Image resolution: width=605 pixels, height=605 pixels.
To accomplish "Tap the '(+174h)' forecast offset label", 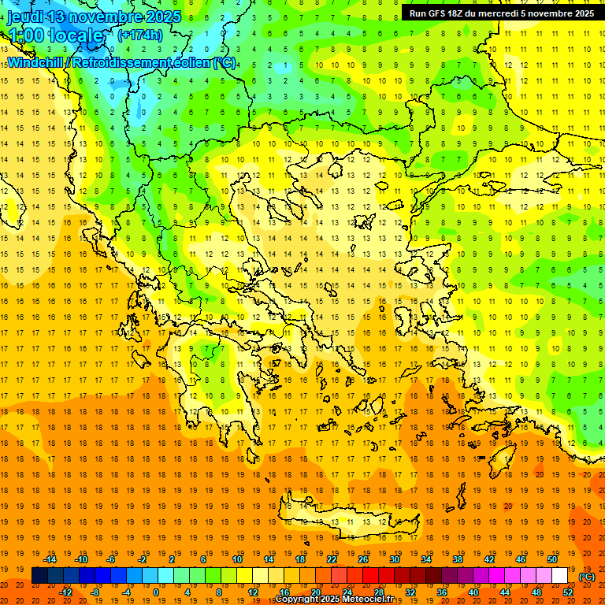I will pyautogui.click(x=140, y=35).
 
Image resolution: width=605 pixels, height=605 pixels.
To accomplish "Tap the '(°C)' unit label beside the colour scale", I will pyautogui.click(x=586, y=577).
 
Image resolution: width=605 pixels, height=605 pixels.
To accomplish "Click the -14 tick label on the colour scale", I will pyautogui.click(x=53, y=559).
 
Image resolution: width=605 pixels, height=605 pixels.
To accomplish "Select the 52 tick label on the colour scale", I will pyautogui.click(x=568, y=592).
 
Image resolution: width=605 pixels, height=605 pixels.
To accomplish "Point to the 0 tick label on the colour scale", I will pyautogui.click(x=155, y=592).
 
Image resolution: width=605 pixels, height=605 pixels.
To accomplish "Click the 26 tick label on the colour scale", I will pyautogui.click(x=363, y=559).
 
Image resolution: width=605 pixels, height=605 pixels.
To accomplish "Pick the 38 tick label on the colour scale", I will pyautogui.click(x=458, y=559).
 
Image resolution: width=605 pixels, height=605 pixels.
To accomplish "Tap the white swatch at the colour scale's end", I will pyautogui.click(x=560, y=576).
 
